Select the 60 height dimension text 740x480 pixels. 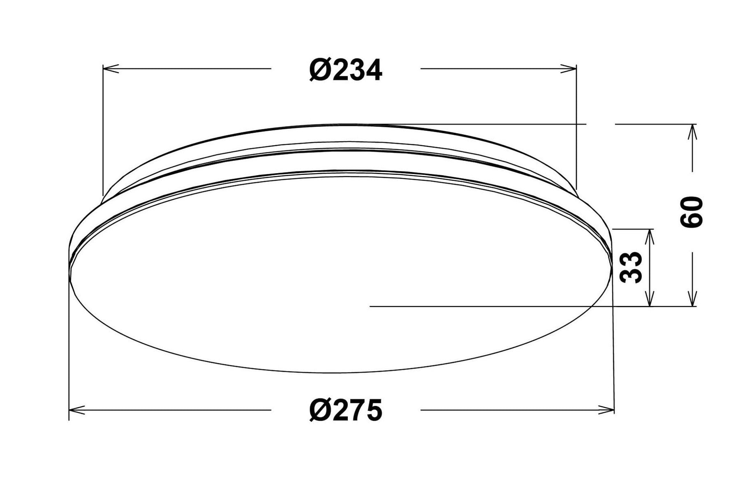691,212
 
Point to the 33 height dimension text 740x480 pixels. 631,267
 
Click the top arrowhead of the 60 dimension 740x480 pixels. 693,132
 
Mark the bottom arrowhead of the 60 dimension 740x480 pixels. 693,298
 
